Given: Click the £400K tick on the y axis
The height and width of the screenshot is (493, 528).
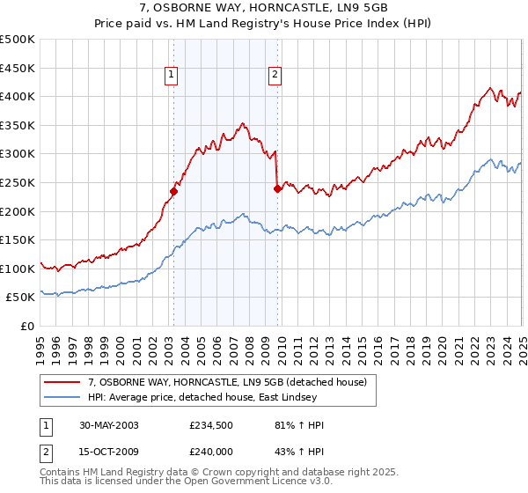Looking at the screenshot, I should point(18,97).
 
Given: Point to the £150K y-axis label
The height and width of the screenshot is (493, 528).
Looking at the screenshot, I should point(18,239).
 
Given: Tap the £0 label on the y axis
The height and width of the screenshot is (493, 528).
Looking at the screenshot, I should point(27,326).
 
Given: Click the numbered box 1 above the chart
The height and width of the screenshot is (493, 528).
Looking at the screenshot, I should point(171,76).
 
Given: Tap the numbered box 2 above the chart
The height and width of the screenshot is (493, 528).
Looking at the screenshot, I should point(275,76).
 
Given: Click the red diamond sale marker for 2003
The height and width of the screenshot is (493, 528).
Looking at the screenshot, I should point(174,191).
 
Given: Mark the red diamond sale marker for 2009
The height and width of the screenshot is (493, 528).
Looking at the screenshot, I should point(277,188).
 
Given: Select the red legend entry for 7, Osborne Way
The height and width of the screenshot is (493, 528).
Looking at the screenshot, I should point(232,381).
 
